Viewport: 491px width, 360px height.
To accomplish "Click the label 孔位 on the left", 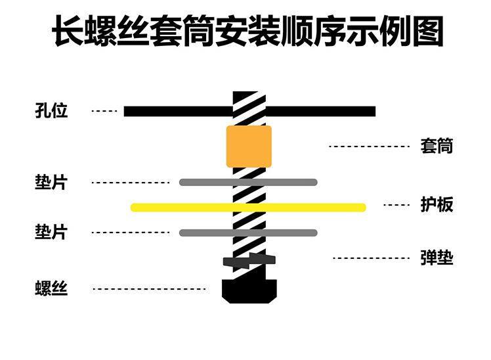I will tap(51, 110).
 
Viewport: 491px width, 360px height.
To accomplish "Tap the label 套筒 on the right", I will tap(437, 146).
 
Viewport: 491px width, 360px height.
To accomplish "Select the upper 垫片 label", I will tap(51, 182).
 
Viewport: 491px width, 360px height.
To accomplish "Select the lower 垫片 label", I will tap(51, 232).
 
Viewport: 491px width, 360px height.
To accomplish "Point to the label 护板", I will tap(437, 205).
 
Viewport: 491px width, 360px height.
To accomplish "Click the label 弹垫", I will tap(437, 257).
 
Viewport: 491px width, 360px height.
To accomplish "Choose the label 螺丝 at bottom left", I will tap(51, 288).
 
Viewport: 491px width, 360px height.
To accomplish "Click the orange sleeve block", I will tap(249, 146).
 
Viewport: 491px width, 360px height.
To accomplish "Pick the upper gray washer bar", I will tap(203, 182).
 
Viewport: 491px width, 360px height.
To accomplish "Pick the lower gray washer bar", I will tap(203, 233).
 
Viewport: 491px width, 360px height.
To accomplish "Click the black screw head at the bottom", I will tap(249, 291).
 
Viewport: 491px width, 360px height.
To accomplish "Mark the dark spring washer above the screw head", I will tap(249, 261).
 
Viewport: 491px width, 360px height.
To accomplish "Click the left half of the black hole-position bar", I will tap(177, 111).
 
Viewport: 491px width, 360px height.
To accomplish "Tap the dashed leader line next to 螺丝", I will tap(150, 289).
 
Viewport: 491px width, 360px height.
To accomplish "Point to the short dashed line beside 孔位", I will tap(104, 111).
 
